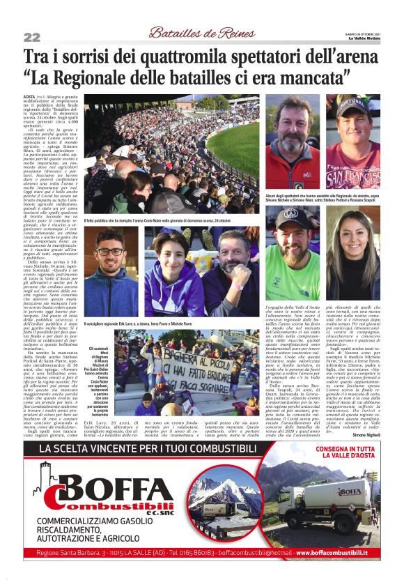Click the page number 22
tap(32, 37)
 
